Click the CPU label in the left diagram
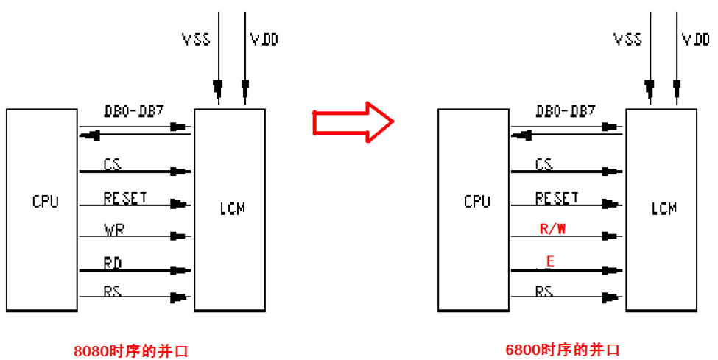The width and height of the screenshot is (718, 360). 46,202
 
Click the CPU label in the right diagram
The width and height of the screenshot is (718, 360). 477,202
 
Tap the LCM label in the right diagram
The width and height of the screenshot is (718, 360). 664,208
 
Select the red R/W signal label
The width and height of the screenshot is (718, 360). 553,228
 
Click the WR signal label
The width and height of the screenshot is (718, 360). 114,230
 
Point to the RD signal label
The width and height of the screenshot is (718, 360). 113,261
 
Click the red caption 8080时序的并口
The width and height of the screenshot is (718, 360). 130,350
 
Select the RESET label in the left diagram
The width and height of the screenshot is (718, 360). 125,197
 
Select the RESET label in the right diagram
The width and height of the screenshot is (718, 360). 557,197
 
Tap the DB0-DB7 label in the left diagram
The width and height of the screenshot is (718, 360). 133,111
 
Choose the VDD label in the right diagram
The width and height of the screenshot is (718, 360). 696,39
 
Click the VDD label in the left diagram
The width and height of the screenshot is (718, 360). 264,39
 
